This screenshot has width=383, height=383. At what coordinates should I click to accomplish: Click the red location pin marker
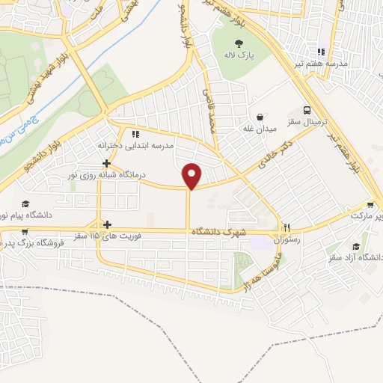coord(193,176)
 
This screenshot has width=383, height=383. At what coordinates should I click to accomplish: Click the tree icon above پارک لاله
coord(239,43)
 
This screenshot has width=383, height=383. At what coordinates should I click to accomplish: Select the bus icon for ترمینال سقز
coord(307,108)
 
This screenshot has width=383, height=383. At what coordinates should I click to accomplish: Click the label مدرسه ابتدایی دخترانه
coord(136,145)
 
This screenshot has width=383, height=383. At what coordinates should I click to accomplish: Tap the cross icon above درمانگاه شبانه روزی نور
coord(107,163)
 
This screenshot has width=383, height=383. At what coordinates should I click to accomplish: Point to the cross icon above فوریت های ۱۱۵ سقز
coord(108,224)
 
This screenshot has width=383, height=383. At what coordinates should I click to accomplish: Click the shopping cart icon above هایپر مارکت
coord(371,203)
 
